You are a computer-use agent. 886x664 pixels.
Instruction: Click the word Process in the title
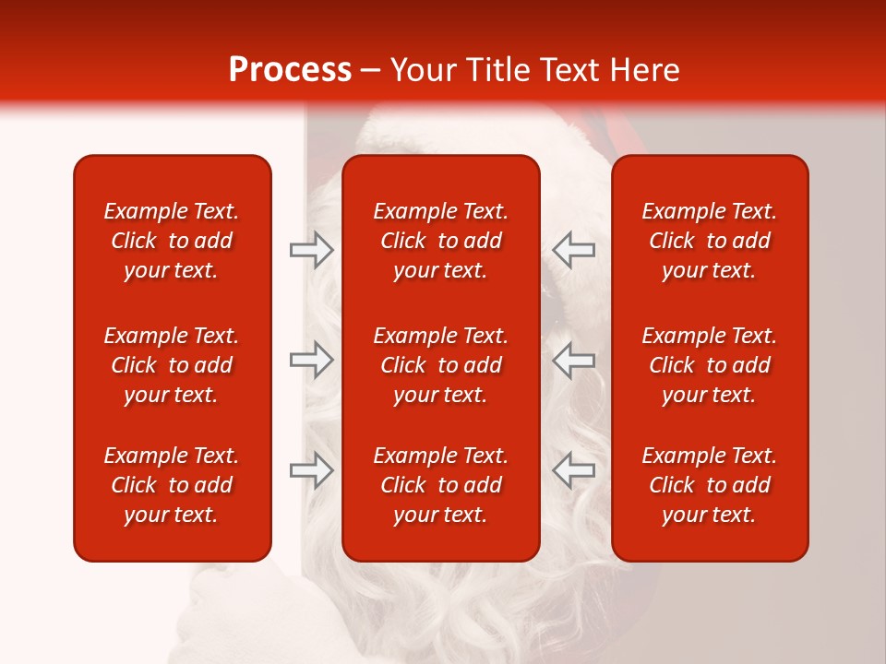pyautogui.click(x=290, y=70)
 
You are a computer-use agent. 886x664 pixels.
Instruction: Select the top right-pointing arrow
pyautogui.click(x=311, y=250)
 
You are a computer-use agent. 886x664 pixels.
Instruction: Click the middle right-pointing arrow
pyautogui.click(x=311, y=360)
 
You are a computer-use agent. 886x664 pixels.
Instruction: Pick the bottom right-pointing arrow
pyautogui.click(x=311, y=470)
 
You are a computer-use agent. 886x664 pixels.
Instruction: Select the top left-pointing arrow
pyautogui.click(x=574, y=250)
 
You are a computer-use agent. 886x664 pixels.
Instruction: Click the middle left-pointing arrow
pyautogui.click(x=574, y=360)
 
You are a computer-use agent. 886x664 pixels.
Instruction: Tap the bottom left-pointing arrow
pyautogui.click(x=574, y=470)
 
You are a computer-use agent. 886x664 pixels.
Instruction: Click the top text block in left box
pyautogui.click(x=172, y=241)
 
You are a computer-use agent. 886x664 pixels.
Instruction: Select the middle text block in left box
pyautogui.click(x=172, y=365)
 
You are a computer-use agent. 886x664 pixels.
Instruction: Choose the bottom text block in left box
pyautogui.click(x=172, y=485)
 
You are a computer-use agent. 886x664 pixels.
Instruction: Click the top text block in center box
pyautogui.click(x=440, y=241)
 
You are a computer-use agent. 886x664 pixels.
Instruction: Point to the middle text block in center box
pyautogui.click(x=440, y=365)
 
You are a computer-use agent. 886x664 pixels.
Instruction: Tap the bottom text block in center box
pyautogui.click(x=440, y=485)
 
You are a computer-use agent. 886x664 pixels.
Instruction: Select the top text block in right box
pyautogui.click(x=709, y=241)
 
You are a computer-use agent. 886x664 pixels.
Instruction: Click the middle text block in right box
pyautogui.click(x=709, y=365)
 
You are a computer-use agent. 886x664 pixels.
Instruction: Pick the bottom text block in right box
pyautogui.click(x=709, y=485)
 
